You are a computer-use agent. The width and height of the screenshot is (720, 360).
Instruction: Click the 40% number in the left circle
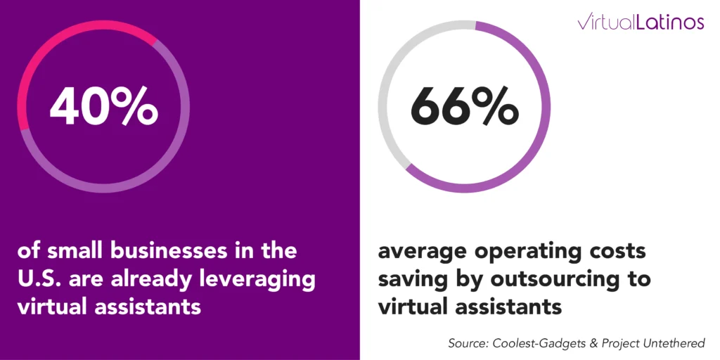click(103, 107)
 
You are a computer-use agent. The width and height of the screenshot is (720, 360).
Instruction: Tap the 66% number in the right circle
click(464, 107)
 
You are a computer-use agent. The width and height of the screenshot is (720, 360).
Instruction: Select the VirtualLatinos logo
click(641, 22)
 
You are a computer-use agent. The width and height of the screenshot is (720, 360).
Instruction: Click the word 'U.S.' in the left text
click(43, 278)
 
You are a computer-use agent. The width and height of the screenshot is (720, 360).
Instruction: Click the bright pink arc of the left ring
click(63, 35)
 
